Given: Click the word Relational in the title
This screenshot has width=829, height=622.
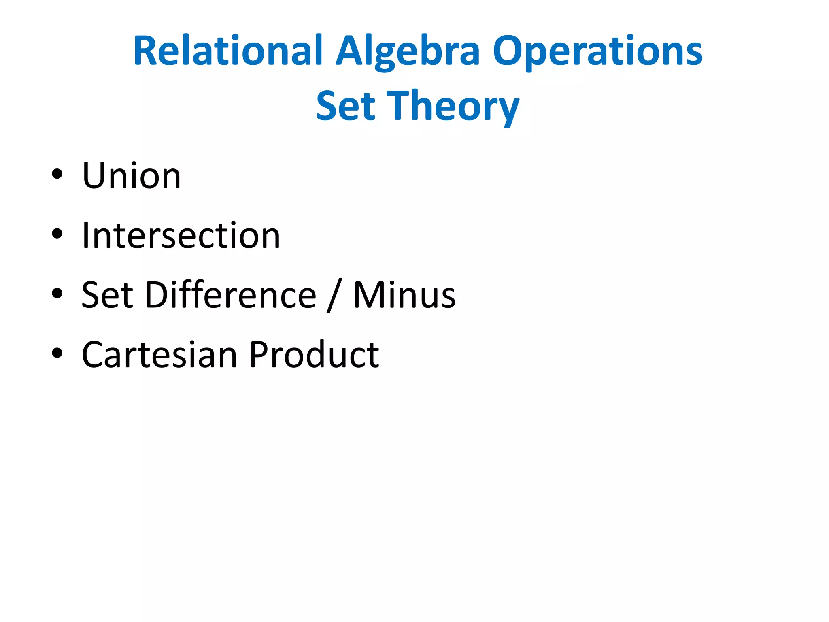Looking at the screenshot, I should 228,51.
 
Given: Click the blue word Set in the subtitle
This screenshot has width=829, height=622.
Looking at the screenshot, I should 346,106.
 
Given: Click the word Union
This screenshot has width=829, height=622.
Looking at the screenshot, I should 131,176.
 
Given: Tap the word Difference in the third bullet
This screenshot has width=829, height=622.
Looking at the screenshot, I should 231,295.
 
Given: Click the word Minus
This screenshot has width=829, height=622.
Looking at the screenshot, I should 404,295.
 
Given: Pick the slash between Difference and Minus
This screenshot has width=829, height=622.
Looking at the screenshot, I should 335,296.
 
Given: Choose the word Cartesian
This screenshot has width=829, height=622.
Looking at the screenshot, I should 159,354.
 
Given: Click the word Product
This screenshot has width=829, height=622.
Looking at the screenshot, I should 314,354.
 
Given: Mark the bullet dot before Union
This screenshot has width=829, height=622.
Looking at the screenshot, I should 57,175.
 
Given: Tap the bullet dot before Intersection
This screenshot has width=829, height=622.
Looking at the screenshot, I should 57,234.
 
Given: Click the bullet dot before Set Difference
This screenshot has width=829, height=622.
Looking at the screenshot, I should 57,293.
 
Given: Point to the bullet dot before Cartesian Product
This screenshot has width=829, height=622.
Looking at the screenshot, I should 57,353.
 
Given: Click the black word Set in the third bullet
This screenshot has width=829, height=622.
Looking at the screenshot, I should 107,295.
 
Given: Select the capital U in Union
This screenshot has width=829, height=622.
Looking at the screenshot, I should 94,176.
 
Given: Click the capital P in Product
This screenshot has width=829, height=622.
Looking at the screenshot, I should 259,354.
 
